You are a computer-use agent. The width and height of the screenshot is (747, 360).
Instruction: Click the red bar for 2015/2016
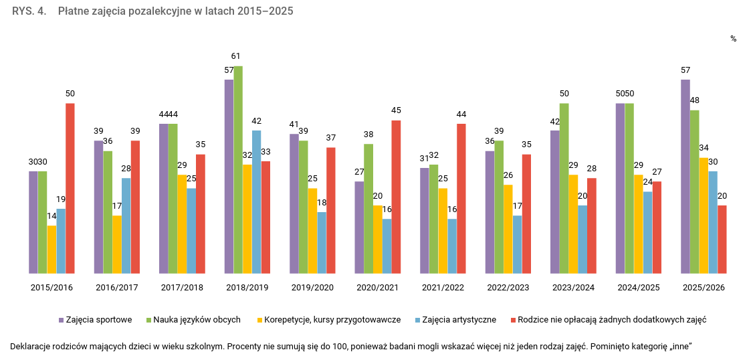70,188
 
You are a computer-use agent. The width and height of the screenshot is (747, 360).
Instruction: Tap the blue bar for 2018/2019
257,201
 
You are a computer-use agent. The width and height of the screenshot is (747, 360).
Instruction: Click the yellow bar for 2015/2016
51,249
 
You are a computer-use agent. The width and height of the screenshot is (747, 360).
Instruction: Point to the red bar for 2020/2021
396,197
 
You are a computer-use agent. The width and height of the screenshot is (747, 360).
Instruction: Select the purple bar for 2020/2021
359,227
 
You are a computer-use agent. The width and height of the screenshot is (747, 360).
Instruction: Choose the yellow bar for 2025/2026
704,215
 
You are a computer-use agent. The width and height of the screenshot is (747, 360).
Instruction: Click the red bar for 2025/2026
722,239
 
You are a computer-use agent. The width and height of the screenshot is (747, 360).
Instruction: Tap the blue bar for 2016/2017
126,226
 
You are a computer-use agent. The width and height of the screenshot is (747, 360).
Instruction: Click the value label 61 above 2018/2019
235,56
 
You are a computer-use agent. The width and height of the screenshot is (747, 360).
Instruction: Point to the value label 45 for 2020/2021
396,110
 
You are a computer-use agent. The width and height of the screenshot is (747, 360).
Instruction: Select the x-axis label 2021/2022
443,288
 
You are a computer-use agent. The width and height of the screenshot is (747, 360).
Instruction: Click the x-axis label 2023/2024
573,288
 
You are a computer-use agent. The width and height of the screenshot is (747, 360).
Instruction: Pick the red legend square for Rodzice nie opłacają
512,320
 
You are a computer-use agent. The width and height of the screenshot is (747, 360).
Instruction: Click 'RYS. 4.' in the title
29,11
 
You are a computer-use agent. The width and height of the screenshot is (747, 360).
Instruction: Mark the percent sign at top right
733,39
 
